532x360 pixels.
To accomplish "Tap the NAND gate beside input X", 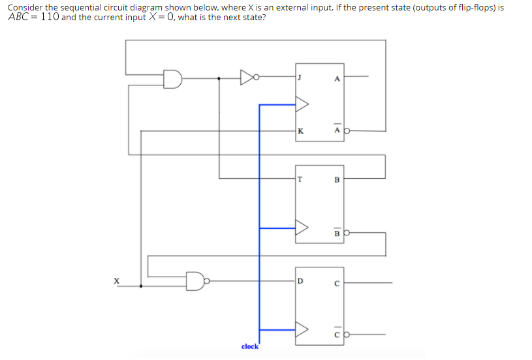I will [x=195, y=281].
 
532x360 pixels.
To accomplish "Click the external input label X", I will [x=117, y=281].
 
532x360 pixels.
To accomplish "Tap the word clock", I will [x=250, y=346].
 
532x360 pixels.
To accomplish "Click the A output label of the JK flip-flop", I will [x=337, y=79].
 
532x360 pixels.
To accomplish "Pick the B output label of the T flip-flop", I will [x=337, y=179].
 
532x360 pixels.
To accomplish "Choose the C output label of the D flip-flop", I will [x=337, y=282].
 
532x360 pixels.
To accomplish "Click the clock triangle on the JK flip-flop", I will [x=302, y=104].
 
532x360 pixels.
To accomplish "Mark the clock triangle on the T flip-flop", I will [x=302, y=228].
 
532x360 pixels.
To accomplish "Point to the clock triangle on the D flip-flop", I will [x=302, y=330].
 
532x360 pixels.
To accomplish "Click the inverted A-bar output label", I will [x=337, y=130].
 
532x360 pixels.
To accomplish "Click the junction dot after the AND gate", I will [x=219, y=79].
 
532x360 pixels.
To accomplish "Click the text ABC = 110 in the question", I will [x=33, y=17].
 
